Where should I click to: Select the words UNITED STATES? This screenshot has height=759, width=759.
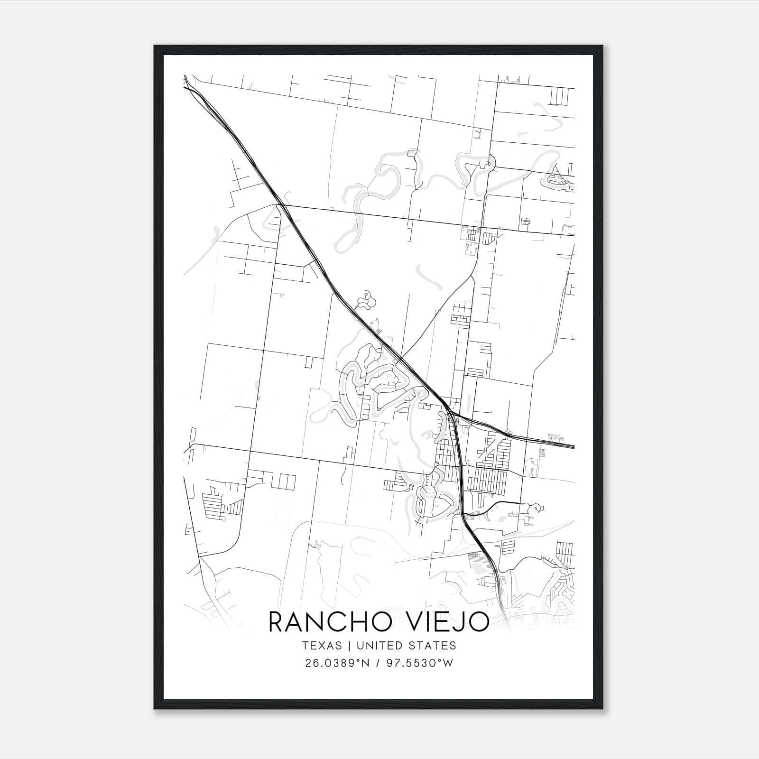click(406, 646)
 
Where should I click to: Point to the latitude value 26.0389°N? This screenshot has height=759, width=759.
click(337, 663)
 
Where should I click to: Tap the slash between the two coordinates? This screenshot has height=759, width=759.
click(377, 663)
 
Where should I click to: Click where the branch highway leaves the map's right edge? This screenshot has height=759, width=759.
click(574, 446)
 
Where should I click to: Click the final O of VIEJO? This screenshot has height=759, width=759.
click(478, 622)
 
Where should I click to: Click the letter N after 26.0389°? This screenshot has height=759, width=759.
click(366, 663)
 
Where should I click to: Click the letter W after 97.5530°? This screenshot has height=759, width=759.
click(449, 663)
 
